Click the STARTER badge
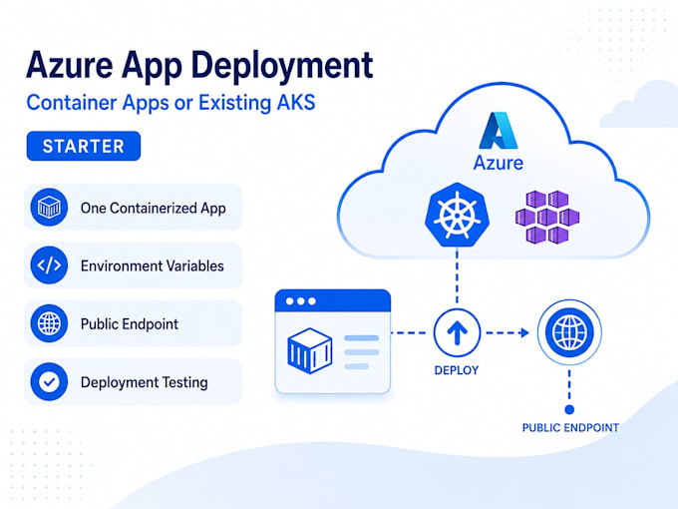84,146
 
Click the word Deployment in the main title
282,66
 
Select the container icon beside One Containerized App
49,208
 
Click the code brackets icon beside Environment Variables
49,265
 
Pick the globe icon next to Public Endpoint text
49,323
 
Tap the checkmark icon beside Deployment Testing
49,381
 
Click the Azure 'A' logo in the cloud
499,131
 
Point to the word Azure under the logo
499,163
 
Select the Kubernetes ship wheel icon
457,216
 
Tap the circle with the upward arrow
457,332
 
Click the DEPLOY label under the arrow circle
457,370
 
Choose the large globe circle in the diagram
569,332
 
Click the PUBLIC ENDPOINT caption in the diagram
570,427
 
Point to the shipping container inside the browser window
310,350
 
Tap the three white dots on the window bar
301,301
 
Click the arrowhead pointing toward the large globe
524,332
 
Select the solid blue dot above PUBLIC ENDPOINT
569,409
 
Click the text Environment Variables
153,265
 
